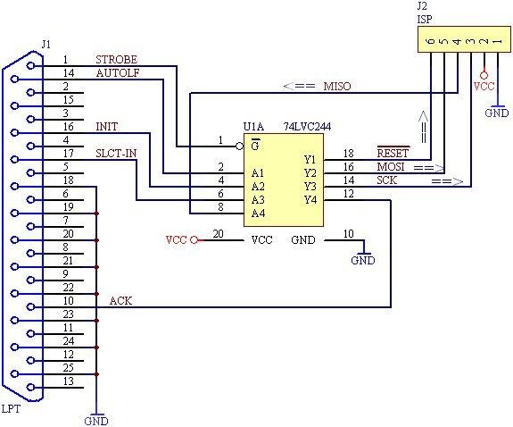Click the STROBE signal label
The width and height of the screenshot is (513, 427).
click(116, 60)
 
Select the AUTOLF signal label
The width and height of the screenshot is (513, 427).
click(116, 73)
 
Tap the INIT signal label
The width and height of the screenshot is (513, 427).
click(105, 127)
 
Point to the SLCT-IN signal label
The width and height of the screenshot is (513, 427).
click(116, 154)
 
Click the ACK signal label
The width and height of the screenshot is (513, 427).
click(120, 301)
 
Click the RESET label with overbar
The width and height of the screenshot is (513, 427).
click(393, 153)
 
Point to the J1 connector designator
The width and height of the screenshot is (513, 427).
click(46, 43)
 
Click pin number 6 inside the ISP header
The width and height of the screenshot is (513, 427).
click(430, 40)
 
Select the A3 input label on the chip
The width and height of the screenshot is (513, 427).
click(258, 199)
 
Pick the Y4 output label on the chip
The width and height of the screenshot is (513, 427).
click(310, 199)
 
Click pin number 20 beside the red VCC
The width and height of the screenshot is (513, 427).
click(218, 234)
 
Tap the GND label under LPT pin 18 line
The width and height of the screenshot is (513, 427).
click(95, 420)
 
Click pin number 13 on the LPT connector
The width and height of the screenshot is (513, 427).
click(66, 381)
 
